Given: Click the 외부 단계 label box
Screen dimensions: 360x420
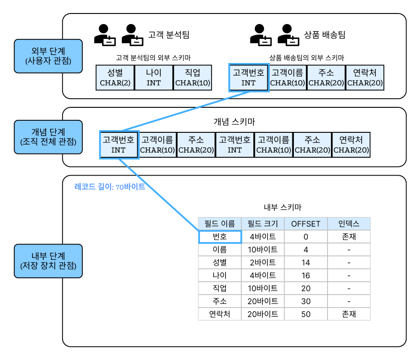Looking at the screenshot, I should [48, 56].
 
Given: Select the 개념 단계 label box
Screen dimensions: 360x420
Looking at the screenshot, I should [48, 137].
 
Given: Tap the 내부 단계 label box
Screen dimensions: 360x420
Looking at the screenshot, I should [48, 260].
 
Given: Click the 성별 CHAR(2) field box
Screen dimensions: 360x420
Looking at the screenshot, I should [115, 77].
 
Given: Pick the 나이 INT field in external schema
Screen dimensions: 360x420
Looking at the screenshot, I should [154, 77].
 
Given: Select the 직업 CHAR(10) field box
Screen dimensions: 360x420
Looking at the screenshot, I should [193, 77].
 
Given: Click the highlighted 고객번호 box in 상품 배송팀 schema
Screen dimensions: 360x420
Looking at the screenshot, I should [249, 77].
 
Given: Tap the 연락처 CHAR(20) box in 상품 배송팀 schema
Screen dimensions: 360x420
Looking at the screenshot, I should [365, 77].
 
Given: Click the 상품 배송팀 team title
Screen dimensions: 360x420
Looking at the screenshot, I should [325, 35].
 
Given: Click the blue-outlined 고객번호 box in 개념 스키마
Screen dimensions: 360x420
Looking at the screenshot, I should [118, 144].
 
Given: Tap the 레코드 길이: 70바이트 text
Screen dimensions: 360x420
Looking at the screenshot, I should [110, 187].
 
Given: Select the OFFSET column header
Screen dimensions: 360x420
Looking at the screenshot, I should [306, 223].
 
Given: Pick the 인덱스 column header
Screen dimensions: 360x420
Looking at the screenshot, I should [349, 223].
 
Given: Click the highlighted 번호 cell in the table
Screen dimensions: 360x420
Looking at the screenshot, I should [220, 237].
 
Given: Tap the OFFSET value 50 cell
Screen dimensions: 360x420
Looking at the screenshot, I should [306, 314].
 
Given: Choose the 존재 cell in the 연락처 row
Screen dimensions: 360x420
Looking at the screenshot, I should [349, 314].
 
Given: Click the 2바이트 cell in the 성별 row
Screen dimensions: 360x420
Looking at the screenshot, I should [262, 263].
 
